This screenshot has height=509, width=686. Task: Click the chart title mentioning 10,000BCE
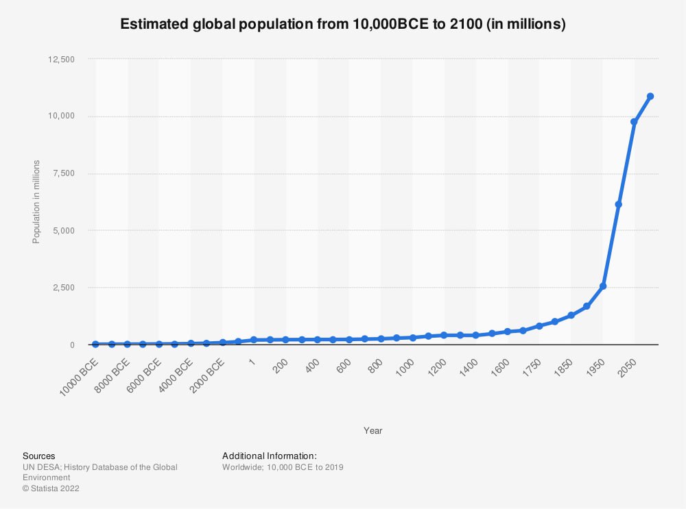pos(343,24)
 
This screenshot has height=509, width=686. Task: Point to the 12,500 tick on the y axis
pos(62,60)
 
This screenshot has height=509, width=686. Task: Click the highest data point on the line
pos(650,96)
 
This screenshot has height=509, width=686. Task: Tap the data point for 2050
pos(635,122)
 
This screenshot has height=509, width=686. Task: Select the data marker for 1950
pos(603,286)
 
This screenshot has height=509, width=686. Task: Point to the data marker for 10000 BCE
pos(95,344)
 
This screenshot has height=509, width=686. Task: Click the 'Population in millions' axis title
pos(36,201)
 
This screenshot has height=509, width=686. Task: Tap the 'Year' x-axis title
pos(373,431)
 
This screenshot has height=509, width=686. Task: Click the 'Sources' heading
pos(39,456)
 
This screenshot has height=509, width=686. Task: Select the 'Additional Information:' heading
pos(269,456)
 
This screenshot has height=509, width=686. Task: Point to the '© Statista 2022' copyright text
pos(51,488)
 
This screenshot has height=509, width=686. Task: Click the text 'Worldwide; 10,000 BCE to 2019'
pos(283,467)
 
